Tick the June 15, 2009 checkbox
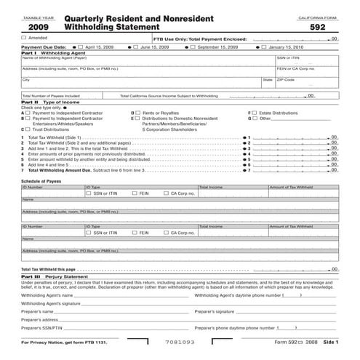pos(136,46)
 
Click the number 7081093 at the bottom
pos(179,341)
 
